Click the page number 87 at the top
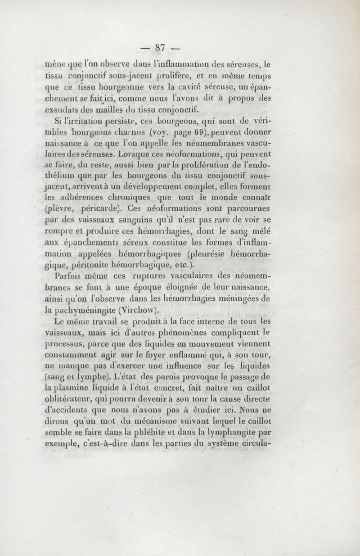pos(161,48)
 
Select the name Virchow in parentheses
pos(136,310)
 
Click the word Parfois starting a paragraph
pos(72,276)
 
